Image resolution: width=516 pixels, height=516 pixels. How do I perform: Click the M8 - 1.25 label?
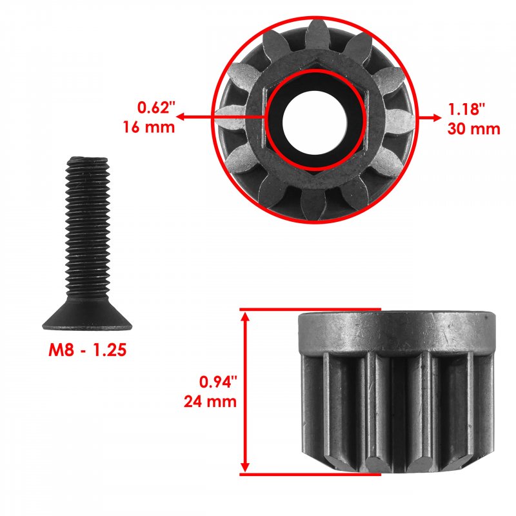click(87, 350)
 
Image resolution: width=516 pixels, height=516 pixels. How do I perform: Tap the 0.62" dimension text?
click(156, 108)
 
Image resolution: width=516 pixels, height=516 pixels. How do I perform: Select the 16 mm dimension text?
click(149, 127)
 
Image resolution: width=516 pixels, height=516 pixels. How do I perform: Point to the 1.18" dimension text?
click(466, 109)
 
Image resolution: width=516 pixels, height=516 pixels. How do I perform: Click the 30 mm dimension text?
click(473, 128)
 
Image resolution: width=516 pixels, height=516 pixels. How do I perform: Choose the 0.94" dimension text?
click(218, 382)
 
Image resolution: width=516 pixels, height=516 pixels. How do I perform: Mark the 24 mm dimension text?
click(210, 401)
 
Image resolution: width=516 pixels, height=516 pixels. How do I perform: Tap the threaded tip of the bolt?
click(87, 161)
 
